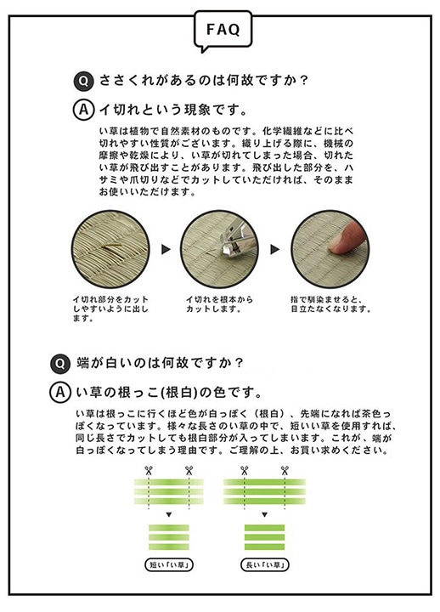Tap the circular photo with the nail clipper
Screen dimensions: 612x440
(220, 250)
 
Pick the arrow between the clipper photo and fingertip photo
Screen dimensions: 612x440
(275, 250)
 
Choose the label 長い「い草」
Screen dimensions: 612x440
(264, 564)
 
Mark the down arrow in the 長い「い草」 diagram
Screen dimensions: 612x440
(264, 516)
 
